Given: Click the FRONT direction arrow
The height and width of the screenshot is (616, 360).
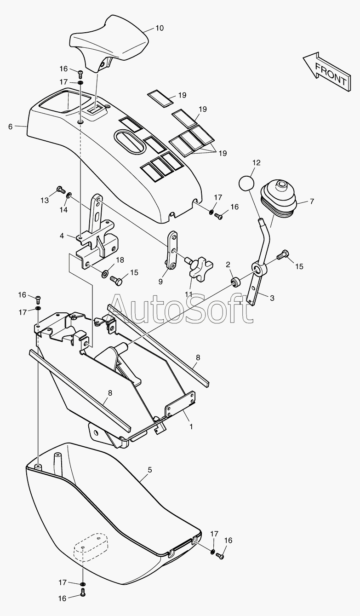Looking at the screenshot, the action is click(326, 71).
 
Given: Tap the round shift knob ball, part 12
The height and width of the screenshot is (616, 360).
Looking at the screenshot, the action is click(246, 184).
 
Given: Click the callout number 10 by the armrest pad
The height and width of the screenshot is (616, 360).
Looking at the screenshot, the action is click(159, 28).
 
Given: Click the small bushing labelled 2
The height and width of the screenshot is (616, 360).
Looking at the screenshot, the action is click(234, 281).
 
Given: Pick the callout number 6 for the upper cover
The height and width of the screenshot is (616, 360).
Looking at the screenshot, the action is click(11, 127).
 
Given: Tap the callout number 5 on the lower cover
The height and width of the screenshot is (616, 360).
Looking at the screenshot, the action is click(149, 470).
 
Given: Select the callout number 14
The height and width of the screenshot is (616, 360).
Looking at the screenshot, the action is click(63, 209).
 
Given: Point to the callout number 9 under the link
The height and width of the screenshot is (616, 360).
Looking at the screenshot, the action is click(160, 282).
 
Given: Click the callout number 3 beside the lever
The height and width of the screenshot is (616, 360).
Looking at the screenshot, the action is click(272, 298).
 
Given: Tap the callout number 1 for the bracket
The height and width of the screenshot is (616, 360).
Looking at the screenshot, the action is click(191, 426).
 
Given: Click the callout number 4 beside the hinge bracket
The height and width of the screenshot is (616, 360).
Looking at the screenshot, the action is click(62, 236).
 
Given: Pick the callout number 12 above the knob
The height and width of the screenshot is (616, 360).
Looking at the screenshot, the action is click(256, 162).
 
